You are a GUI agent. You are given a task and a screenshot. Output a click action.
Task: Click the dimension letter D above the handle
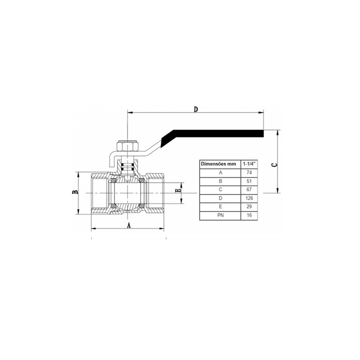(195, 109)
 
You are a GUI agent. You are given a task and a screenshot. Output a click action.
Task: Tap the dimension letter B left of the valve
(75, 192)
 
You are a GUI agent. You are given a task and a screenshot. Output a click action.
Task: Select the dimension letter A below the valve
(129, 225)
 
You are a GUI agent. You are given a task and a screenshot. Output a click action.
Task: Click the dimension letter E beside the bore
(178, 190)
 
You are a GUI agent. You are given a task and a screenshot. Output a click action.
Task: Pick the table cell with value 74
(249, 172)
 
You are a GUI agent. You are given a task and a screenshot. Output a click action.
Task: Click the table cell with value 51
(249, 181)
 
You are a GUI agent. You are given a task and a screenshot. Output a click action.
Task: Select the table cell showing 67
(249, 189)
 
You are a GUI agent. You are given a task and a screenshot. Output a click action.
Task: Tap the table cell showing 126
(249, 198)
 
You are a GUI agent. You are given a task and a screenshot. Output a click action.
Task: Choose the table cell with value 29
(249, 206)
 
